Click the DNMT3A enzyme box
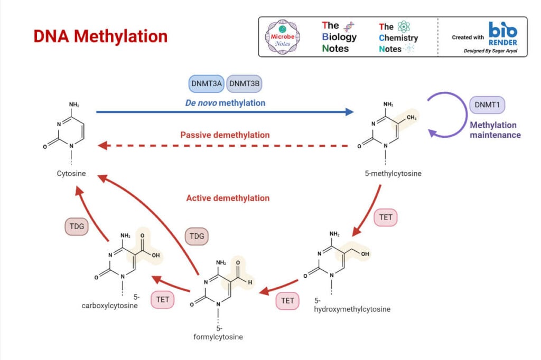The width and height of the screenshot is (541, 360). [207, 83]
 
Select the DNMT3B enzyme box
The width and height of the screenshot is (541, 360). [244, 83]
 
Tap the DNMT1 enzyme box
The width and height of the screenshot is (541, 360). [487, 105]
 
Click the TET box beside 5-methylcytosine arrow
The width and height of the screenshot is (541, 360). [386, 217]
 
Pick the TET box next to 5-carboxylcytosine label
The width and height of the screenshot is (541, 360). [163, 299]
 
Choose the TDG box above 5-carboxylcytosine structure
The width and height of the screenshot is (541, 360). [77, 226]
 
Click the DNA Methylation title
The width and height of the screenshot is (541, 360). [100, 36]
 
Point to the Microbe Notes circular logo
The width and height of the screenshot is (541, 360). [283, 37]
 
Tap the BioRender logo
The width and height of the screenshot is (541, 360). [503, 34]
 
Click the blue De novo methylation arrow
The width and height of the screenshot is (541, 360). [225, 112]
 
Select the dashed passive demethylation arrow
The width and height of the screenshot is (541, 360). [223, 146]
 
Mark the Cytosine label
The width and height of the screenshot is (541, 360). [71, 174]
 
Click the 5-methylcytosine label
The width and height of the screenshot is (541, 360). [393, 174]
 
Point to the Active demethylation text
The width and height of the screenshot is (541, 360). [228, 198]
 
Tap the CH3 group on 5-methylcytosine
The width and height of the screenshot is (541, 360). [412, 118]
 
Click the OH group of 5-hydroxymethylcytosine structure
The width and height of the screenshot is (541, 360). [365, 254]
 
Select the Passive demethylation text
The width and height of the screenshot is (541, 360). [225, 135]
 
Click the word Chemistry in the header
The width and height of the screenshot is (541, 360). [398, 37]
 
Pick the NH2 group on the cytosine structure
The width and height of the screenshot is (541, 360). [74, 105]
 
